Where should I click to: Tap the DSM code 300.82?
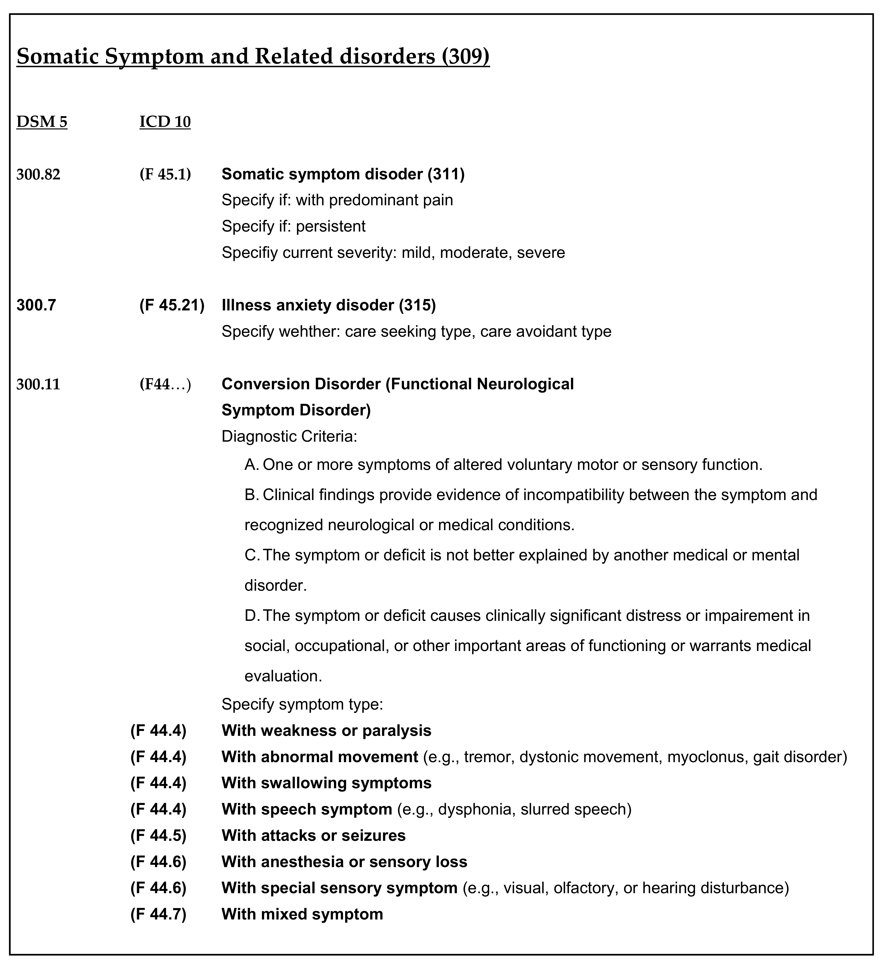38,174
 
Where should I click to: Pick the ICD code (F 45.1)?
165,174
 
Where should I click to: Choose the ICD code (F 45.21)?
172,305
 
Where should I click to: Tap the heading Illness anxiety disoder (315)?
328,305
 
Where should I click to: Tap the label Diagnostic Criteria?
289,437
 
